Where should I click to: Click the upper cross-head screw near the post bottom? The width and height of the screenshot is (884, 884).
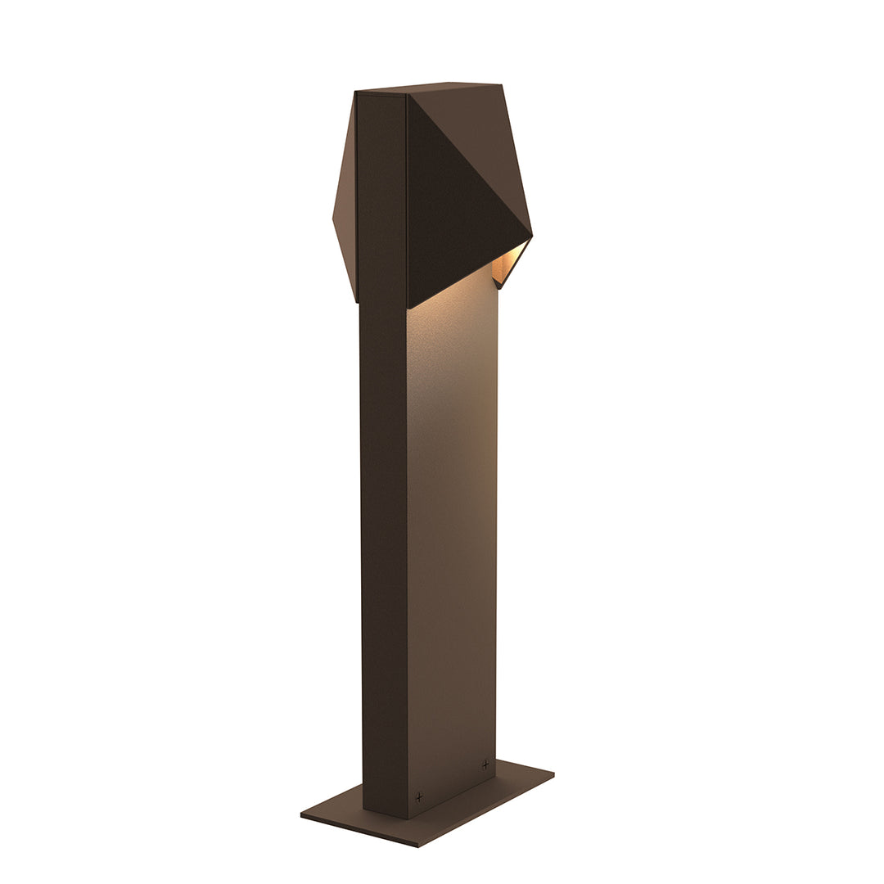pos(485,764)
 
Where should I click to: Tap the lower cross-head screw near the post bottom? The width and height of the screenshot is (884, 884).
pos(419,796)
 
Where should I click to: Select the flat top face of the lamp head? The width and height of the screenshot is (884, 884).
pos(426,88)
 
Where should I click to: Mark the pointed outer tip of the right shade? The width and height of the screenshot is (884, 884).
pos(532,237)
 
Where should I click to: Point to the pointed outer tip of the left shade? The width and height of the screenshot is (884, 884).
pos(333,218)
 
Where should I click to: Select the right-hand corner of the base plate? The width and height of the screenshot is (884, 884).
pos(554,773)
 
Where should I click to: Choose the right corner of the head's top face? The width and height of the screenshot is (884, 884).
pos(501,84)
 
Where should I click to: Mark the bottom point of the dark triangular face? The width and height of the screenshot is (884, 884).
pos(408,308)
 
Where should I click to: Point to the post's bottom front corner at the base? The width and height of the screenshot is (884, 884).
pos(408,818)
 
